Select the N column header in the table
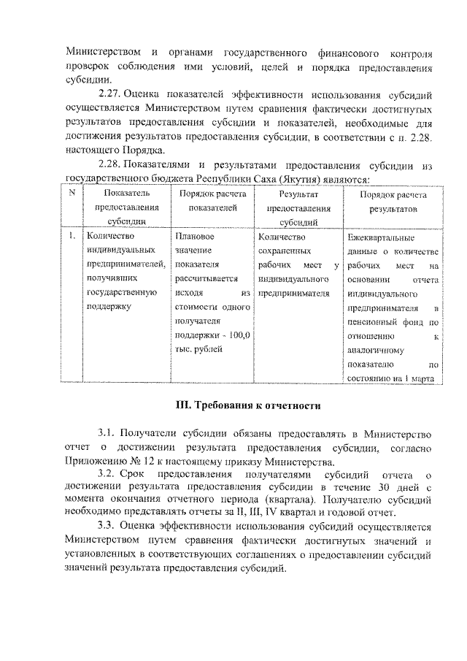[72, 194]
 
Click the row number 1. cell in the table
[72, 237]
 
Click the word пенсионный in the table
[373, 321]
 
